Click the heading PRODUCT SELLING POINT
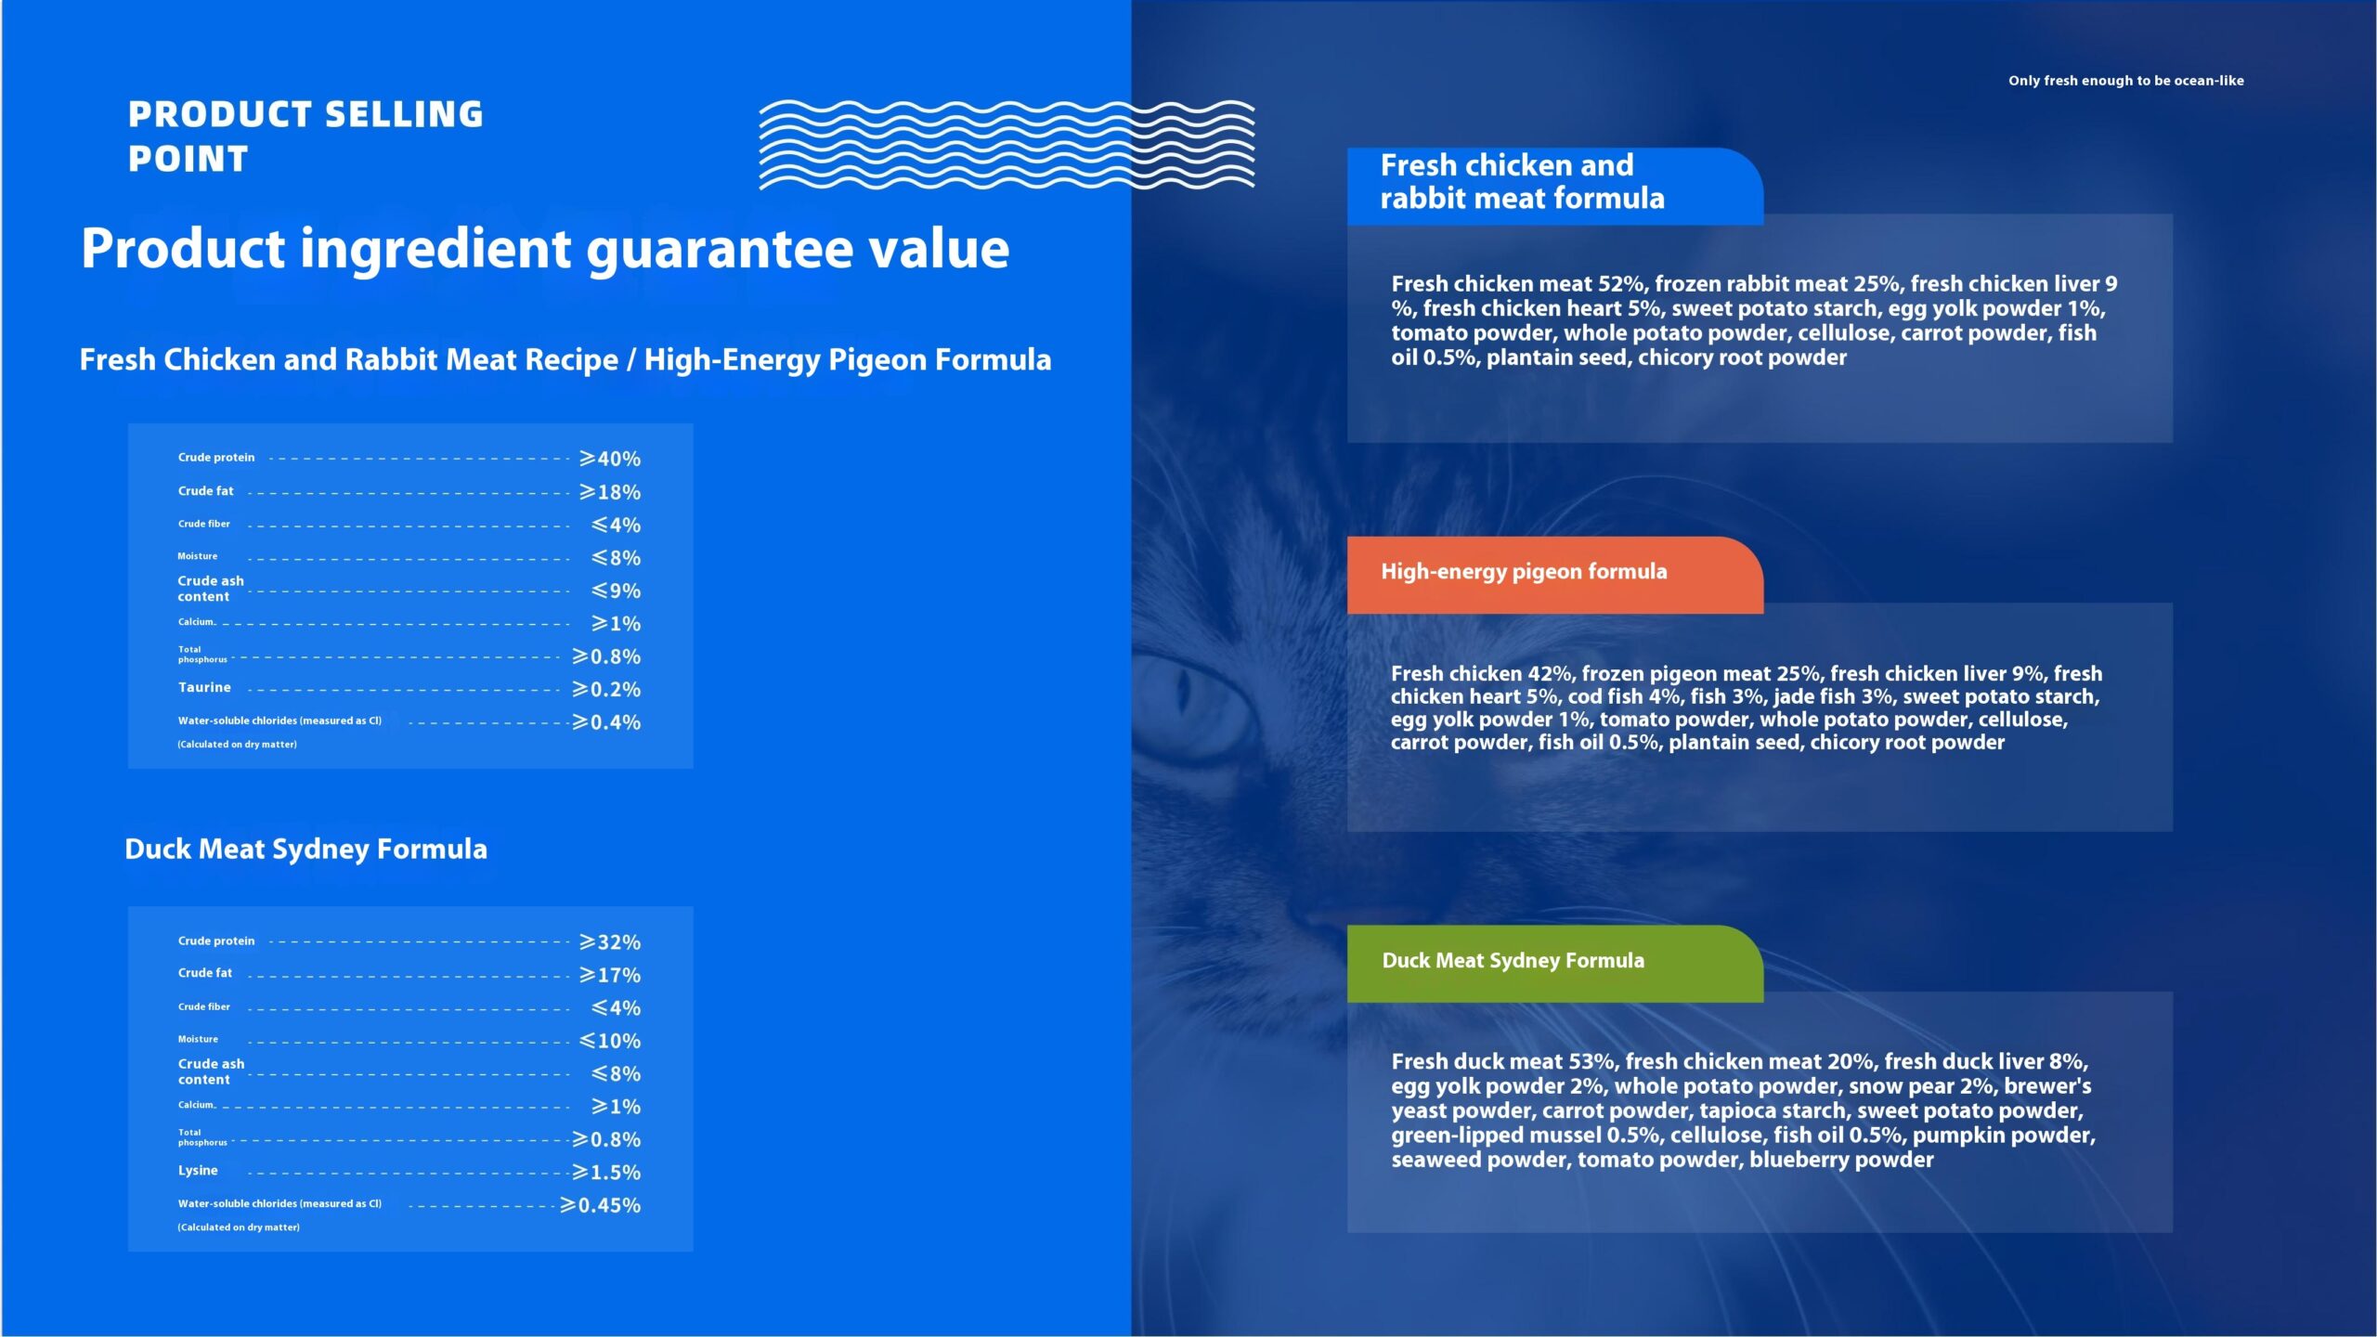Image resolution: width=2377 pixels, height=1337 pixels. click(305, 136)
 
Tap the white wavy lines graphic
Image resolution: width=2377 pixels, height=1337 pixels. click(1007, 145)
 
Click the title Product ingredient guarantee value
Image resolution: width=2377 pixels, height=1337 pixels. click(545, 249)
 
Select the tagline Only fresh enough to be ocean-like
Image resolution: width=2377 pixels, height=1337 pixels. click(2125, 81)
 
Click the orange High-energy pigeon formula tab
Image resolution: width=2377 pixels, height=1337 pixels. click(1555, 575)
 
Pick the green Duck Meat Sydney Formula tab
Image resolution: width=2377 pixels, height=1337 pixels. click(1555, 963)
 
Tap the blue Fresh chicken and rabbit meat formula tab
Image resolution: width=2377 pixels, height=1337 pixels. click(1555, 186)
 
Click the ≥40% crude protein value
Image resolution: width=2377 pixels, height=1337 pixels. click(610, 459)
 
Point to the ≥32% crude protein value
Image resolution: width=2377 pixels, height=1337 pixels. click(610, 942)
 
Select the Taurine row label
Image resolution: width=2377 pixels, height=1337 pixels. click(204, 688)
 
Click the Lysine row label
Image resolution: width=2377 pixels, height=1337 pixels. click(198, 1171)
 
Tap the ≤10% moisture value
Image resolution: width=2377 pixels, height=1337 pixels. click(610, 1041)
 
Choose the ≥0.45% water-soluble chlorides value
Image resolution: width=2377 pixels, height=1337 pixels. click(600, 1205)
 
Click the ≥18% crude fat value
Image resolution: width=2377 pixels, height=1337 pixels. click(610, 492)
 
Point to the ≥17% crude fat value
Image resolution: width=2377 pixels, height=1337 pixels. click(610, 975)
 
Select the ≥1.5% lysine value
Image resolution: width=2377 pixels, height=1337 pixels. click(606, 1173)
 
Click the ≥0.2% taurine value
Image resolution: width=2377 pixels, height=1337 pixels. click(606, 690)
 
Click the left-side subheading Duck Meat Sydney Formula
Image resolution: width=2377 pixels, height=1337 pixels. click(305, 850)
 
